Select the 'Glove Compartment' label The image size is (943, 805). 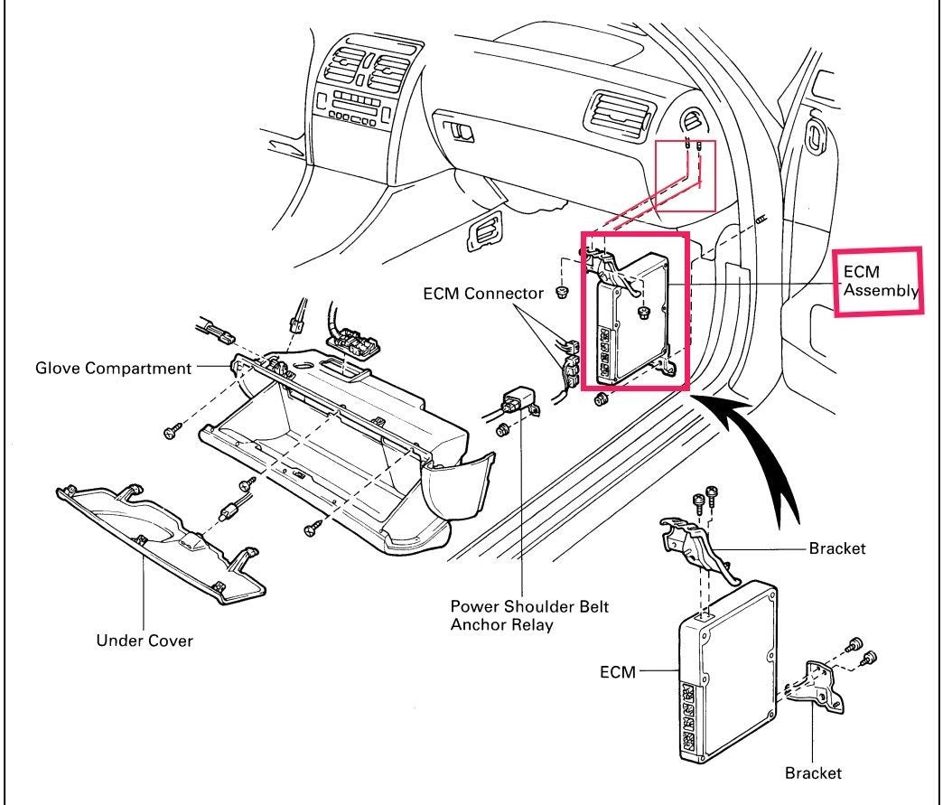(x=113, y=369)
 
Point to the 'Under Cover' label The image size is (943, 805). (x=145, y=641)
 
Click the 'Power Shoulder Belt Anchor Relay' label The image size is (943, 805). (x=529, y=614)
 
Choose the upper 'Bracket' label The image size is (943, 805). (x=837, y=548)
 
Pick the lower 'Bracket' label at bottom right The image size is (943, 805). (x=813, y=772)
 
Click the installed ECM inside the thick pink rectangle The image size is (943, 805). (x=636, y=316)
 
